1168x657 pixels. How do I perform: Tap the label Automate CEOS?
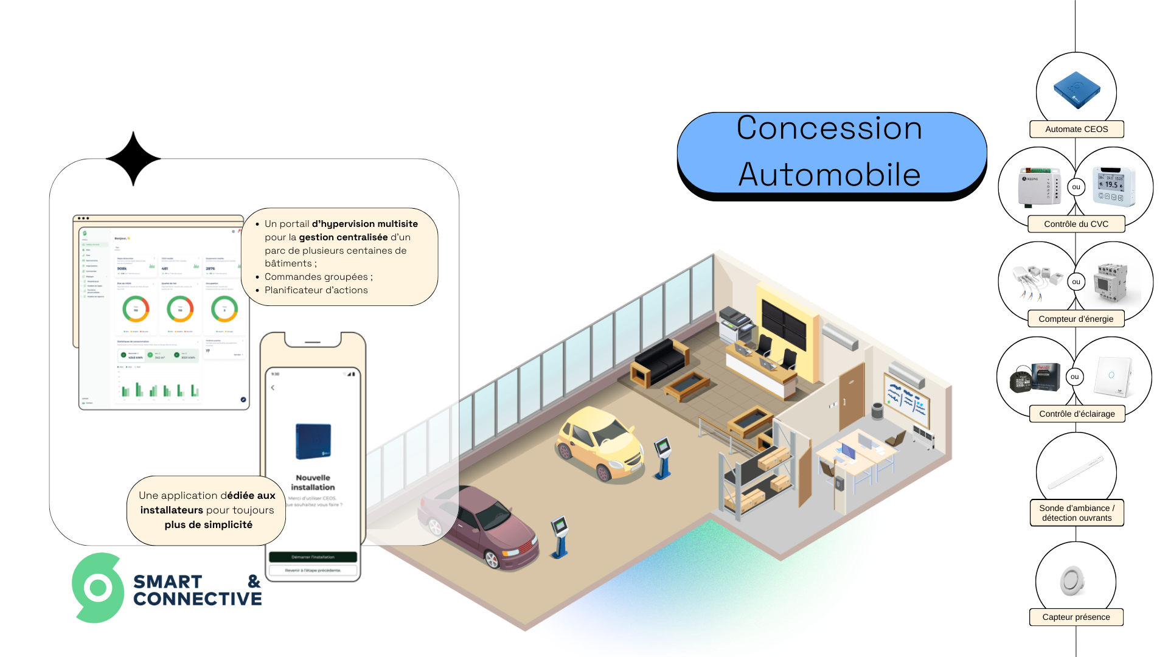(1076, 129)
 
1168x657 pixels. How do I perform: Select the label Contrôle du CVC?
(1076, 224)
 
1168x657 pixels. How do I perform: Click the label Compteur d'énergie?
(1076, 319)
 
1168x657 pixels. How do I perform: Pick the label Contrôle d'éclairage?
(1077, 414)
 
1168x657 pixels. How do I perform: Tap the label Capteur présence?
(1076, 617)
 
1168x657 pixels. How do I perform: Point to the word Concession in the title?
(829, 128)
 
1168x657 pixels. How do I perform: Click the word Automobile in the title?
(829, 175)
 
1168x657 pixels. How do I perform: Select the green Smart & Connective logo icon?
(98, 588)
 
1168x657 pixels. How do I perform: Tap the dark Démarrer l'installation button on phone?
(313, 557)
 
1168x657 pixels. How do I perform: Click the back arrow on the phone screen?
(273, 388)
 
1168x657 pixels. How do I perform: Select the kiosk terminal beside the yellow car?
(662, 456)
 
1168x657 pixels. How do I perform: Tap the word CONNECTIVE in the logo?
(197, 599)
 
